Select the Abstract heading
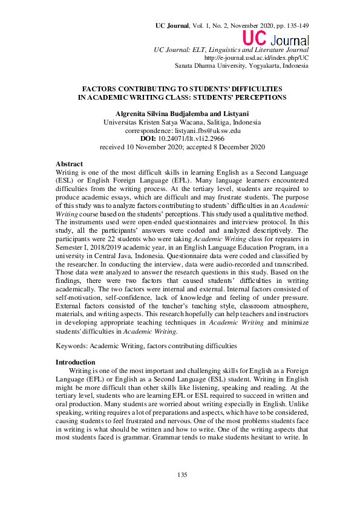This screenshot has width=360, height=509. point(70,164)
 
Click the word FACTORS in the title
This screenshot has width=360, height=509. point(102,88)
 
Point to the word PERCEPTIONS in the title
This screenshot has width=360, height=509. point(255,97)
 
